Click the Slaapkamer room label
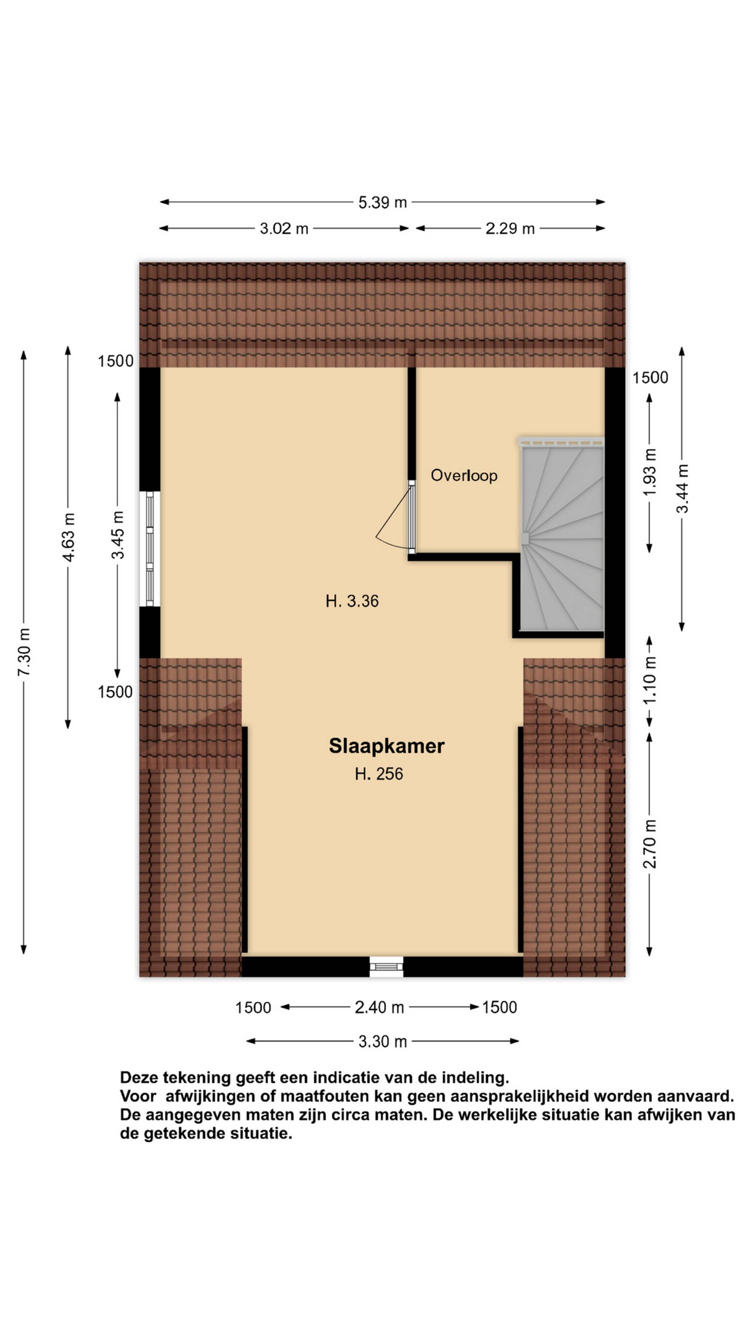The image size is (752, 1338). click(x=386, y=746)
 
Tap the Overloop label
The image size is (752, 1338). click(x=464, y=475)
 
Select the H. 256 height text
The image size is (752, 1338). click(x=379, y=774)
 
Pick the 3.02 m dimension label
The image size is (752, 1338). click(x=284, y=229)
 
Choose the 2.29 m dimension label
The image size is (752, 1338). click(x=510, y=229)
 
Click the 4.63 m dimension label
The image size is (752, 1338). click(x=68, y=537)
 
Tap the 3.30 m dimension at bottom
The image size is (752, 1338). click(x=382, y=1041)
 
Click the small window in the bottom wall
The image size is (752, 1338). click(x=386, y=966)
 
